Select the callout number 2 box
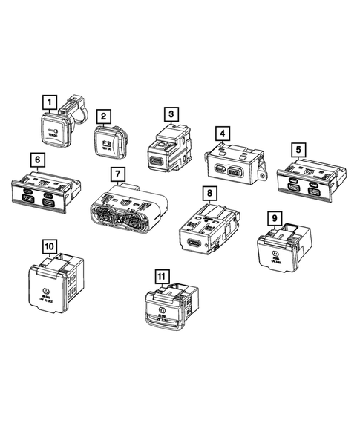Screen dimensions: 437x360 click(105, 116)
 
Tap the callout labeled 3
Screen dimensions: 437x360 click(172, 114)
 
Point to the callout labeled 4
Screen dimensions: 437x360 click(221, 134)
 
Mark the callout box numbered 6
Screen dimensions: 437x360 click(35, 159)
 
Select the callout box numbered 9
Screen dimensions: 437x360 click(275, 217)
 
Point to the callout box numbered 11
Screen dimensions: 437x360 click(160, 277)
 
